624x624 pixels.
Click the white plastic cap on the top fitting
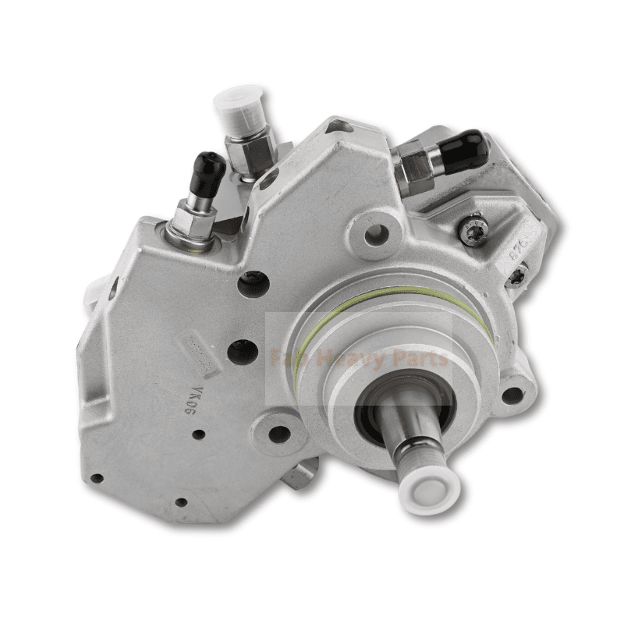click(241, 107)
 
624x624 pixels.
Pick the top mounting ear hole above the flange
click(378, 230)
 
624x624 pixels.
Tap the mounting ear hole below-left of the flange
click(279, 433)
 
